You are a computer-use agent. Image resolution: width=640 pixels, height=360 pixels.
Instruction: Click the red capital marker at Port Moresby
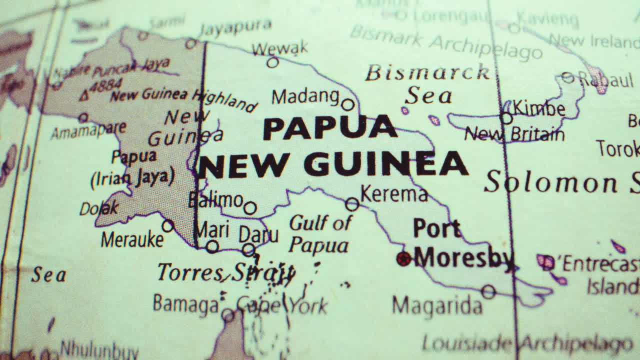pyautogui.click(x=403, y=258)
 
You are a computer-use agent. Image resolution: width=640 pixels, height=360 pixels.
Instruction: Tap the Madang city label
pyautogui.click(x=305, y=96)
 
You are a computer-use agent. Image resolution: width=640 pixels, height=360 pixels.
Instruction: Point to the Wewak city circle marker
pyautogui.click(x=272, y=62)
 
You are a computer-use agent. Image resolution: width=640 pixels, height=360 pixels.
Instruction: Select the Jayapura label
pyautogui.click(x=235, y=27)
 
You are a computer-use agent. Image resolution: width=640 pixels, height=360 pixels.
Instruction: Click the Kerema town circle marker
pyautogui.click(x=352, y=204)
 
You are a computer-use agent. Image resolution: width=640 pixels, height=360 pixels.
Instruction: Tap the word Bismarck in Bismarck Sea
pyautogui.click(x=427, y=73)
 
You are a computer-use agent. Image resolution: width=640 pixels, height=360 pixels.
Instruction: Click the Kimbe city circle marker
pyautogui.click(x=506, y=118)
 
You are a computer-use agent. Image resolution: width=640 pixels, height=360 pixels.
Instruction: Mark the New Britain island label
pyautogui.click(x=514, y=134)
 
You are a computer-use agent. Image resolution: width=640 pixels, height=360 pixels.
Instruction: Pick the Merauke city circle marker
pyautogui.click(x=168, y=226)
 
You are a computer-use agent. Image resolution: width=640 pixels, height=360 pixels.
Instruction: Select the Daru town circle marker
pyautogui.click(x=248, y=249)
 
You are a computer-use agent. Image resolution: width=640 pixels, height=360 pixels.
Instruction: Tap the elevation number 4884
pyautogui.click(x=107, y=86)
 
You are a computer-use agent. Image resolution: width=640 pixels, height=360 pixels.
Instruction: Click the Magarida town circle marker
pyautogui.click(x=488, y=291)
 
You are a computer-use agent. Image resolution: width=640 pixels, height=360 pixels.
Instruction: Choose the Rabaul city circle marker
pyautogui.click(x=568, y=77)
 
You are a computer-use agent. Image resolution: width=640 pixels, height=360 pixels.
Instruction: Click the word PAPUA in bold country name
pyautogui.click(x=329, y=128)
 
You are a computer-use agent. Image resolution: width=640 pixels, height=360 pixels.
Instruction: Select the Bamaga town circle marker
pyautogui.click(x=228, y=315)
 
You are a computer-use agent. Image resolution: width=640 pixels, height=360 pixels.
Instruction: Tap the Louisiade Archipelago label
pyautogui.click(x=527, y=344)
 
